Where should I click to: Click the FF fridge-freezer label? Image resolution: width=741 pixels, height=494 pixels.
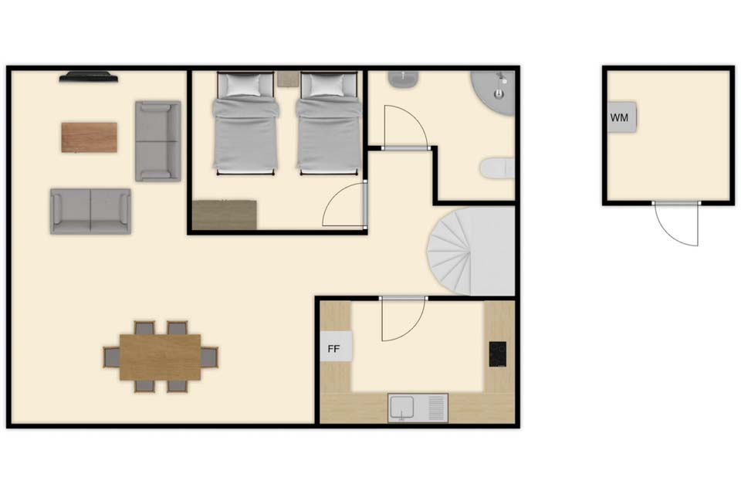pyautogui.click(x=333, y=349)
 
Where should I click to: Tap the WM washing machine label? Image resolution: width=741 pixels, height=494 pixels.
pyautogui.click(x=619, y=117)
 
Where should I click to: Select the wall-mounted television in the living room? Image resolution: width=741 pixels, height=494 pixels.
pyautogui.click(x=88, y=76)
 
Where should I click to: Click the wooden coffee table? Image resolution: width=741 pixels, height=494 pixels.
pyautogui.click(x=89, y=137)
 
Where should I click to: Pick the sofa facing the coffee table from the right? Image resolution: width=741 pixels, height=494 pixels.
pyautogui.click(x=157, y=141)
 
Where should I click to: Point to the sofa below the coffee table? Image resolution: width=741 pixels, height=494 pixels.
pyautogui.click(x=91, y=211)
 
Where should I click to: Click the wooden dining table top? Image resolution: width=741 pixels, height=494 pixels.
pyautogui.click(x=161, y=357)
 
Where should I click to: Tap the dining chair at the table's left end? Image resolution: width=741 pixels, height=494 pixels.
pyautogui.click(x=111, y=357)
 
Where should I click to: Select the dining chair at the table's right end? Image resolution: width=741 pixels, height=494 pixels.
pyautogui.click(x=209, y=357)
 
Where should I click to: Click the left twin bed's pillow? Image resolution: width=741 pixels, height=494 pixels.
pyautogui.click(x=243, y=85)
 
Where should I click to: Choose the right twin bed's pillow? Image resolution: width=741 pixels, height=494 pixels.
pyautogui.click(x=327, y=85)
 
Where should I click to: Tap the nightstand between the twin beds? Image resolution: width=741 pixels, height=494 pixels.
pyautogui.click(x=287, y=79)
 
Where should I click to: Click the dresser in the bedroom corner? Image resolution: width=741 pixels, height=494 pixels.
pyautogui.click(x=225, y=215)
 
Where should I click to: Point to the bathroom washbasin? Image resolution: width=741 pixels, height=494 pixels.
pyautogui.click(x=403, y=79)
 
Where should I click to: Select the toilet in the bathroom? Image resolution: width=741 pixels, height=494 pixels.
pyautogui.click(x=497, y=168)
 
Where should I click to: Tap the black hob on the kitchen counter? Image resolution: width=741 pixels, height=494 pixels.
pyautogui.click(x=498, y=354)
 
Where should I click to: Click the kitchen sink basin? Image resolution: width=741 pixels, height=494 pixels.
pyautogui.click(x=402, y=407)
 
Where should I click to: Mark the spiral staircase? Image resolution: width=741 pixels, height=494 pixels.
pyautogui.click(x=471, y=251)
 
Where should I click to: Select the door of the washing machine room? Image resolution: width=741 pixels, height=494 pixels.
pyautogui.click(x=676, y=224)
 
